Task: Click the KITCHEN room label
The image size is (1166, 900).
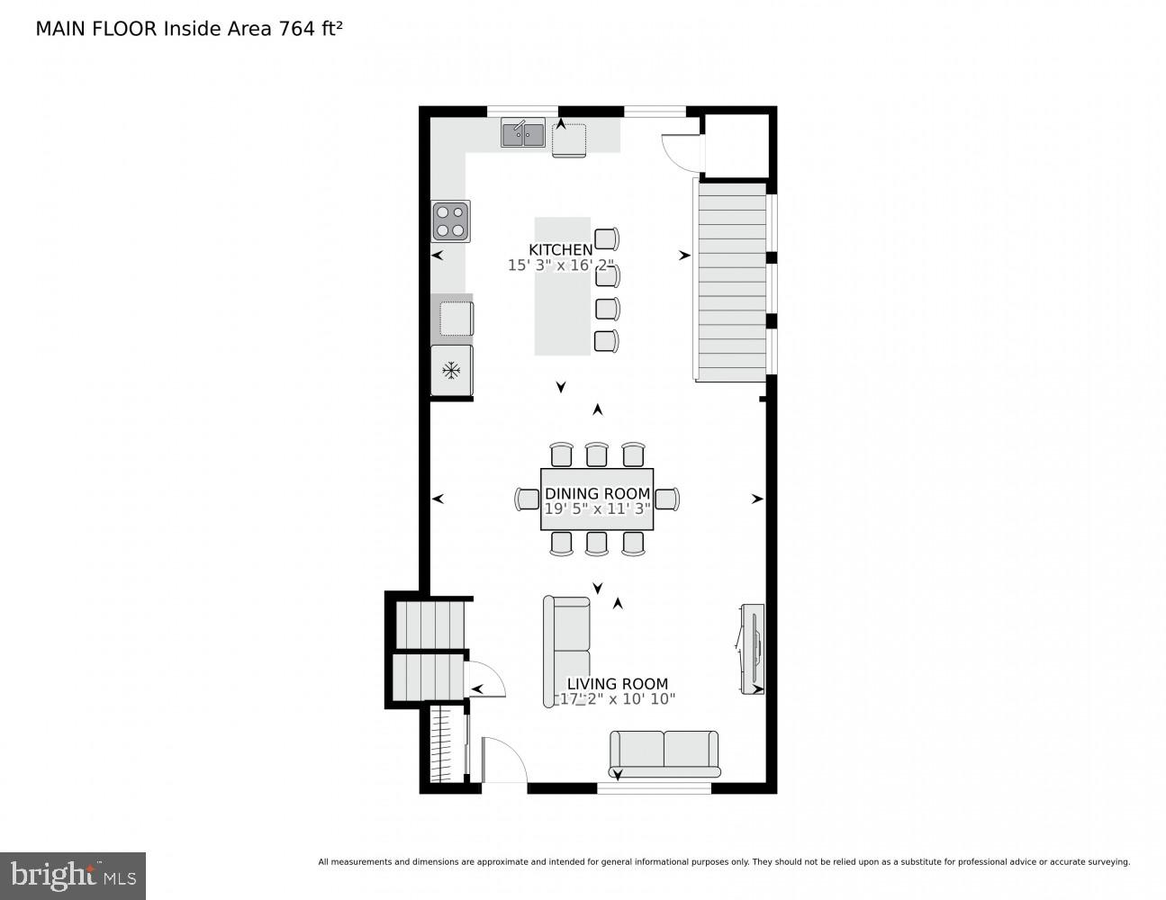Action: click(x=560, y=249)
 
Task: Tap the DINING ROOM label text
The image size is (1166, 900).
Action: click(x=597, y=493)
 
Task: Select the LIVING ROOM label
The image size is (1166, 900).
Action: click(x=617, y=684)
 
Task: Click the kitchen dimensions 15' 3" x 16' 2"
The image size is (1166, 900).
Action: click(x=560, y=265)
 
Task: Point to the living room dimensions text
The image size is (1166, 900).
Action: click(x=617, y=699)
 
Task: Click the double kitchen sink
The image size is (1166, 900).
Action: click(x=522, y=134)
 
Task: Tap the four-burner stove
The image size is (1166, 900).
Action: click(x=450, y=221)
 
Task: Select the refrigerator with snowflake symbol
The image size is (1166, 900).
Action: click(x=451, y=370)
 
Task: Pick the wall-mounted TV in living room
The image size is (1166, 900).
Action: click(x=752, y=648)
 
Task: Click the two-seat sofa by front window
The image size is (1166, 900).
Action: click(x=664, y=753)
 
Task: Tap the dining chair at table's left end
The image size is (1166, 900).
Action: click(x=527, y=499)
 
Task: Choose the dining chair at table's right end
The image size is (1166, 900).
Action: click(x=667, y=499)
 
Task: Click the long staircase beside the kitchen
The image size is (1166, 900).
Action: click(x=731, y=281)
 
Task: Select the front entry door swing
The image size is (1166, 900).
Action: click(x=502, y=760)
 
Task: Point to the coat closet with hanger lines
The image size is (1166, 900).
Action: click(x=442, y=744)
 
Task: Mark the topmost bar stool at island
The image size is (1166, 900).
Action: click(x=608, y=239)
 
